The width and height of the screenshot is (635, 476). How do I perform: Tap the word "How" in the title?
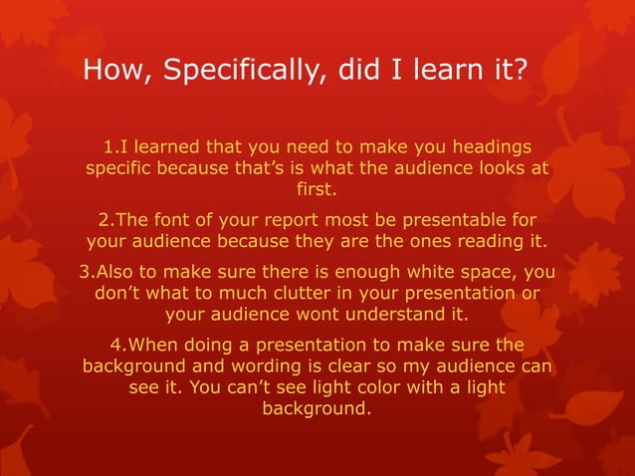tap(109, 72)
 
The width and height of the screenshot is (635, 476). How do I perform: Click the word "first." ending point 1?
tap(317, 188)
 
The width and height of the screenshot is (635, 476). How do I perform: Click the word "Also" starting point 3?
tap(111, 273)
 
